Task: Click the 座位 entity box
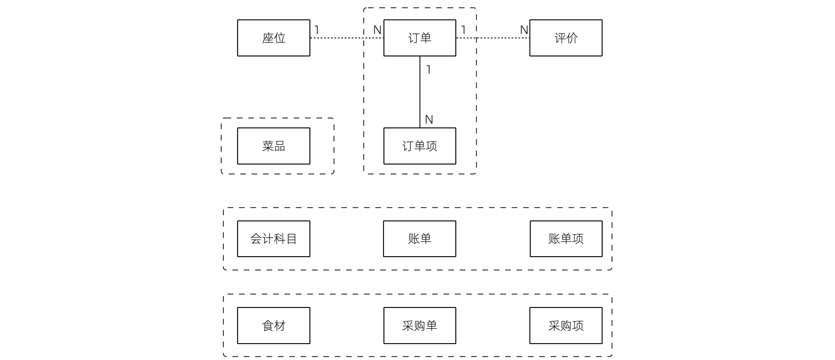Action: click(x=273, y=38)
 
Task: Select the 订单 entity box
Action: click(x=420, y=38)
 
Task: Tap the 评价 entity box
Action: click(x=566, y=38)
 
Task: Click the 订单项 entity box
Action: click(x=420, y=146)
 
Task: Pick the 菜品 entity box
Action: click(x=273, y=146)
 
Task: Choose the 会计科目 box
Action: click(x=273, y=239)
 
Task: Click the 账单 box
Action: click(x=420, y=239)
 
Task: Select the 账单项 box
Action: click(x=566, y=239)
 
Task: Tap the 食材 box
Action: click(x=273, y=326)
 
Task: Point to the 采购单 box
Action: click(x=420, y=326)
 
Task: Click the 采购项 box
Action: click(x=566, y=326)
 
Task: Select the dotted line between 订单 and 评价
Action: click(x=495, y=38)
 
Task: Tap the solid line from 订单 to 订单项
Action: click(x=420, y=93)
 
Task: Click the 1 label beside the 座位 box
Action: click(x=317, y=30)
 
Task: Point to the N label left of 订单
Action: click(x=377, y=30)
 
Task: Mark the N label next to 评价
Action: click(x=524, y=30)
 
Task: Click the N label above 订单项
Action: click(x=429, y=120)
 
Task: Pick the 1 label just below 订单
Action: click(x=428, y=70)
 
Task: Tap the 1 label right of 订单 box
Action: click(x=463, y=30)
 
